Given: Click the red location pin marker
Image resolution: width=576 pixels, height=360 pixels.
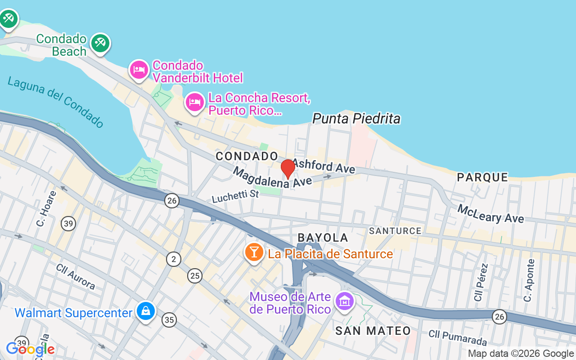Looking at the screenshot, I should click(288, 169).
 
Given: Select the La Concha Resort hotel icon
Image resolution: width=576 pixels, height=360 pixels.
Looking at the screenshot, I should click(195, 102).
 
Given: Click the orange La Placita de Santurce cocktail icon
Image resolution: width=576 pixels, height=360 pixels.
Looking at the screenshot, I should click(254, 252).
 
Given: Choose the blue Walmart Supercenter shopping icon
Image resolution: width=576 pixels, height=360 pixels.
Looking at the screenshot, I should click(146, 311).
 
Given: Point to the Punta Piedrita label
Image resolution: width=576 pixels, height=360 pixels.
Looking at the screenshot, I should click(356, 118).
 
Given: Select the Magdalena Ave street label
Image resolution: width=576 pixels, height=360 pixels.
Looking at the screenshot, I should click(272, 178).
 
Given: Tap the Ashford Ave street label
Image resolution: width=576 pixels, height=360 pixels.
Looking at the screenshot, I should click(324, 166).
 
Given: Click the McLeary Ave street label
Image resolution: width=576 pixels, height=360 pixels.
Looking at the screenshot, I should click(490, 214).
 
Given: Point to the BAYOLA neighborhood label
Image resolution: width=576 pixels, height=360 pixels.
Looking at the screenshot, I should click(323, 238).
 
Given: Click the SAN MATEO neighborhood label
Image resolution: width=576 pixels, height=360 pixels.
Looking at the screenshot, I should click(373, 331).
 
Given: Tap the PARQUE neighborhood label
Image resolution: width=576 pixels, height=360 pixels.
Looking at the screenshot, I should click(482, 177).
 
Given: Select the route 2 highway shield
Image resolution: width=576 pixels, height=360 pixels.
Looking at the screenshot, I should click(174, 259).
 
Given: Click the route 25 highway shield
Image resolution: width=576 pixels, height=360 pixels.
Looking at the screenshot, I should click(195, 275).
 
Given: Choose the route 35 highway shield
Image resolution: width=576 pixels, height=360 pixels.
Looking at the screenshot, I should click(169, 320).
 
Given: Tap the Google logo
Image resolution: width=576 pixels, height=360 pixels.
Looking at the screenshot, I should click(30, 349).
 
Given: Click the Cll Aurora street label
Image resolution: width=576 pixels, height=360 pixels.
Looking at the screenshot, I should click(76, 276).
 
